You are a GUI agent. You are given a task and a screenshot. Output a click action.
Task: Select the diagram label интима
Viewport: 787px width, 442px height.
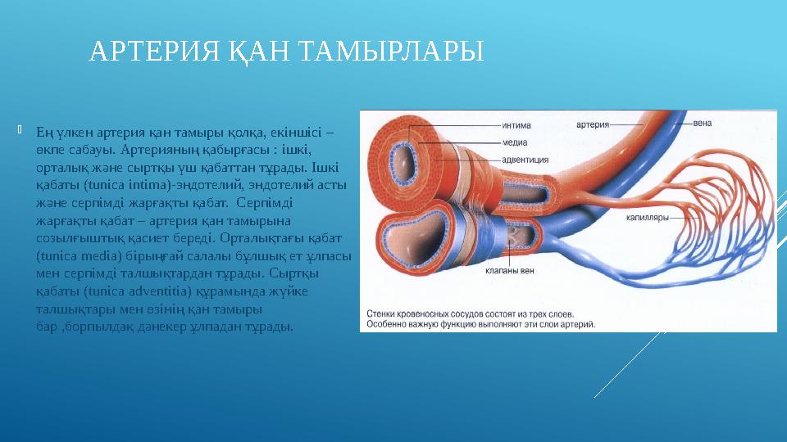(516, 126)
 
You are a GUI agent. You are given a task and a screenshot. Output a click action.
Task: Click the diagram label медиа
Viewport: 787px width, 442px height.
(515, 141)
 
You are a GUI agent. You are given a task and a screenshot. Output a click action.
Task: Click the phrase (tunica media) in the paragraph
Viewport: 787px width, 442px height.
(75, 255)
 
